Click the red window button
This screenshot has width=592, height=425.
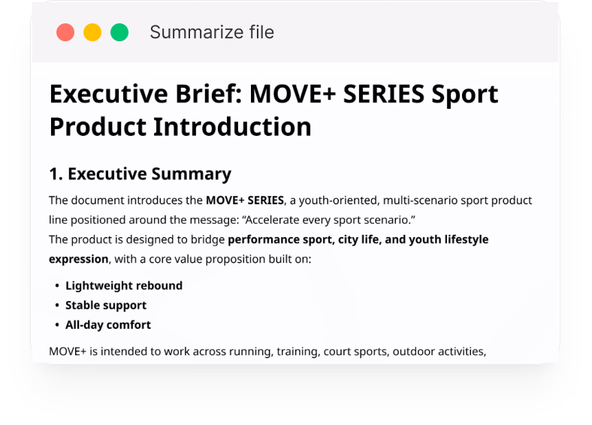coord(65,32)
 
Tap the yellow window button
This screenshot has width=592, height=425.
coord(92,32)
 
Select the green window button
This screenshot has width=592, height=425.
coord(119,32)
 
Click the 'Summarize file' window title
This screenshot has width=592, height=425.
coord(212,32)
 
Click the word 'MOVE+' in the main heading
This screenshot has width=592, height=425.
coord(292,94)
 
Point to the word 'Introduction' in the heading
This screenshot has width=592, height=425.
coord(233,127)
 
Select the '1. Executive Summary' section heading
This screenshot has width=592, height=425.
coord(140,174)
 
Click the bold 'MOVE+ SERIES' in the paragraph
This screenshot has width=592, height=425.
coord(245,200)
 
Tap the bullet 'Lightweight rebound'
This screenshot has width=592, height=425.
coord(124,286)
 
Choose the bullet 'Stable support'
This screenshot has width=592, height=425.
coord(106,306)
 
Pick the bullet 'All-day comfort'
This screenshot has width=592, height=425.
coord(108,325)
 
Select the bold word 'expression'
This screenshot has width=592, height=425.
coord(79,260)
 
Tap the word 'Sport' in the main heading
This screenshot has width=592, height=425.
coord(465,95)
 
